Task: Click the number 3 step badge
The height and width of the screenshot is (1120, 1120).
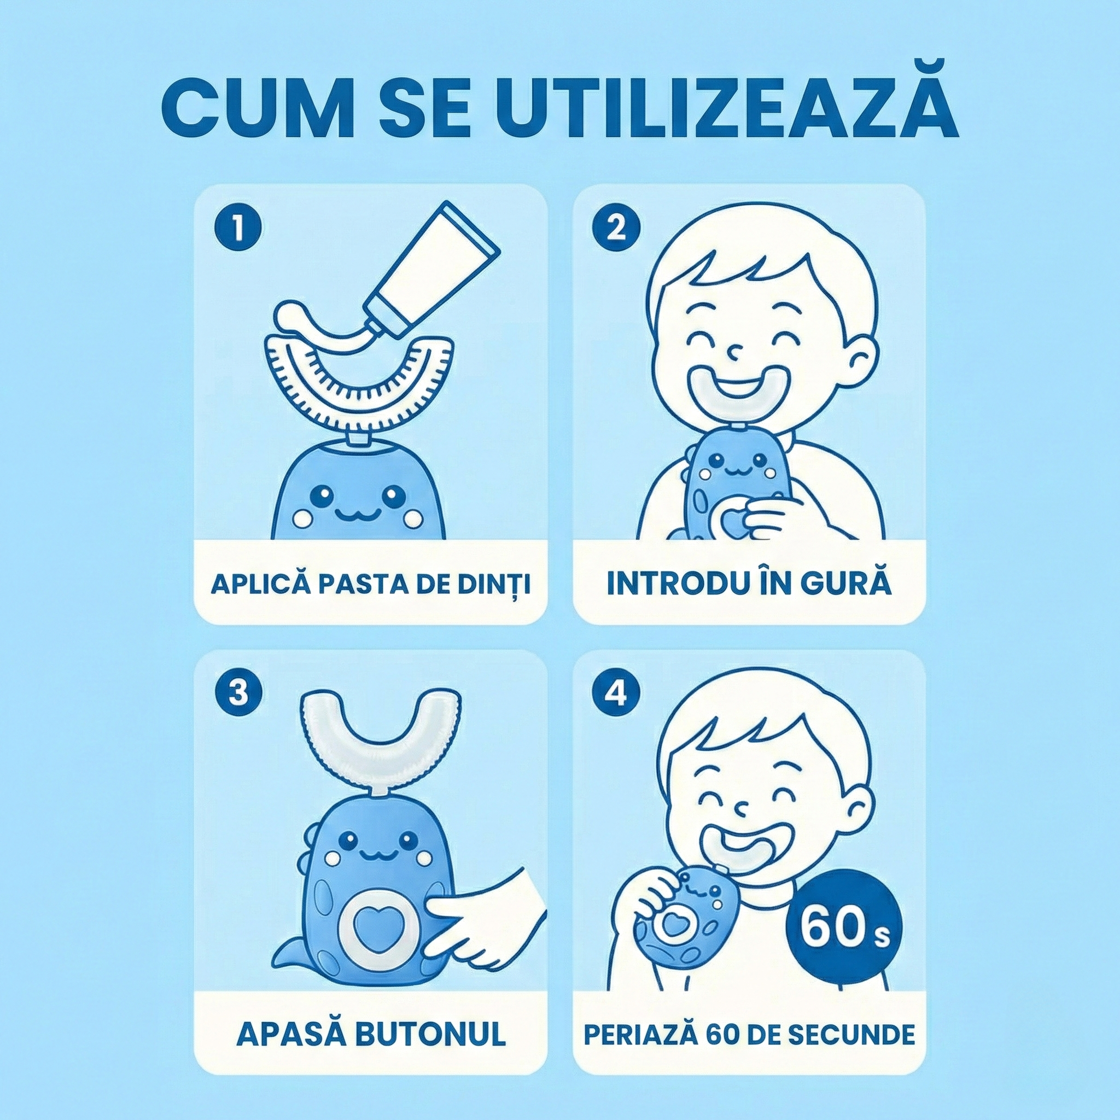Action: pyautogui.click(x=238, y=694)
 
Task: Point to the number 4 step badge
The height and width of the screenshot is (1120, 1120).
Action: pyautogui.click(x=616, y=694)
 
